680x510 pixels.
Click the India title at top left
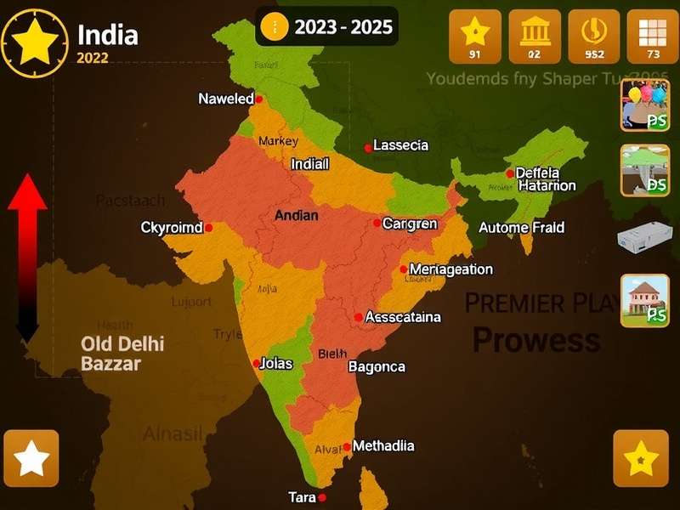(107, 35)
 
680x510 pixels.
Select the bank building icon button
(534, 37)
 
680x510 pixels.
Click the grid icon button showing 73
(653, 37)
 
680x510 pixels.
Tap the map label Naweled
(225, 99)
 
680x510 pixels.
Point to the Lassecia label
(400, 145)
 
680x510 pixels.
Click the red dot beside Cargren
(377, 224)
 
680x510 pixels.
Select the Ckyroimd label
(171, 228)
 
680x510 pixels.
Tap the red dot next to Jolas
(257, 364)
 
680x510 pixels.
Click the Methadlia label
(383, 445)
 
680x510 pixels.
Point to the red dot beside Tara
(322, 498)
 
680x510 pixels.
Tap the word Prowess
(535, 340)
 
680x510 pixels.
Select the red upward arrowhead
(27, 192)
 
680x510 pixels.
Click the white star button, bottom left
(31, 458)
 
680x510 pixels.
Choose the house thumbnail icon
(645, 300)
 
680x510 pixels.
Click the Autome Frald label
(521, 228)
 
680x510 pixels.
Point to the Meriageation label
(450, 269)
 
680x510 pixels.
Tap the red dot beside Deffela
(510, 173)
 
